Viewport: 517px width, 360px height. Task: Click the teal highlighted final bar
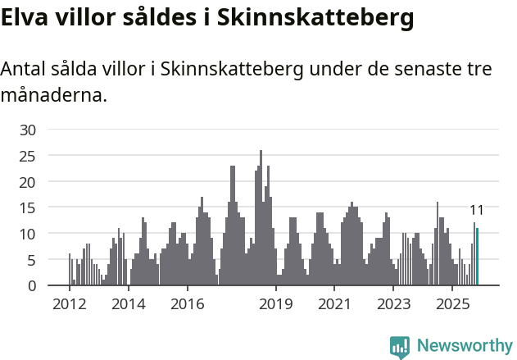point(477,257)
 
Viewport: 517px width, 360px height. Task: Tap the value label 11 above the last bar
point(477,210)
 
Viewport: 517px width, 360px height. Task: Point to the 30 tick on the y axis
point(28,130)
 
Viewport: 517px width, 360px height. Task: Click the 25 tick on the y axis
point(28,156)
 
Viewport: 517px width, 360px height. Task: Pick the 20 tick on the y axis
point(28,182)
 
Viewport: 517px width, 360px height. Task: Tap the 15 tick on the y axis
point(28,207)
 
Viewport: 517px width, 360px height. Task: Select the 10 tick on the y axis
point(28,234)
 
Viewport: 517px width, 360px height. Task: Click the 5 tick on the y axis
point(32,260)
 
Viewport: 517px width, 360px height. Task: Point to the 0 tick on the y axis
point(32,286)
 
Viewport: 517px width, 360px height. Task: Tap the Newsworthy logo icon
point(400,347)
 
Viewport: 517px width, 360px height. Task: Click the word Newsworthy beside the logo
point(465,346)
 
